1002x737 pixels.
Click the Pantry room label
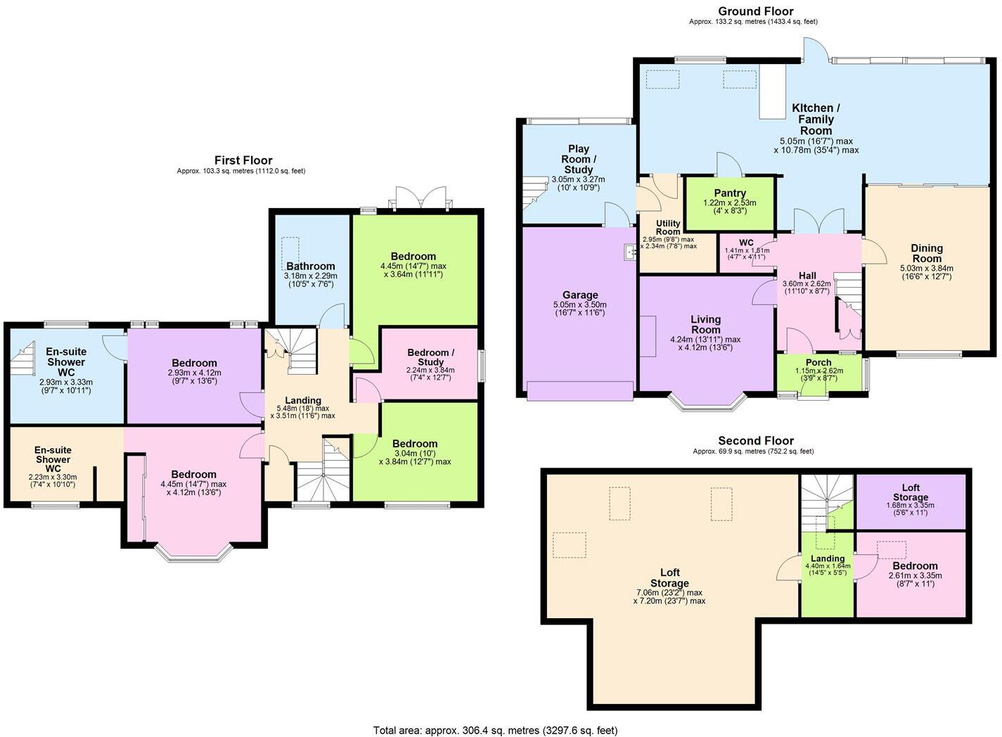point(730,193)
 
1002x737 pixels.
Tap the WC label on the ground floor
point(746,243)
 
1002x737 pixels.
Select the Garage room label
point(580,295)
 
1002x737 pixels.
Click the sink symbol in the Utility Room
point(629,251)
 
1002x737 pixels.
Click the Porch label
point(818,362)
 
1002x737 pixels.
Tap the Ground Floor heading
point(755,11)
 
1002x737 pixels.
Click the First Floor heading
point(243,160)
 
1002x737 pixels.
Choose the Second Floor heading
point(755,441)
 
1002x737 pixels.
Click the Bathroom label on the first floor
point(310,267)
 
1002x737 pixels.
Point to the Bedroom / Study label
point(430,357)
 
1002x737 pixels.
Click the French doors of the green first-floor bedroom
point(420,198)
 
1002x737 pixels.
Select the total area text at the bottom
point(495,730)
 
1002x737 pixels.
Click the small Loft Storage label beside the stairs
point(911,492)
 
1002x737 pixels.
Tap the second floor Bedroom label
point(915,566)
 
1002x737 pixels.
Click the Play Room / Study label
point(579,159)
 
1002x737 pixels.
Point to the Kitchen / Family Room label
point(816,119)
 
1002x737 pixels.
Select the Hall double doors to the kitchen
point(818,222)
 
